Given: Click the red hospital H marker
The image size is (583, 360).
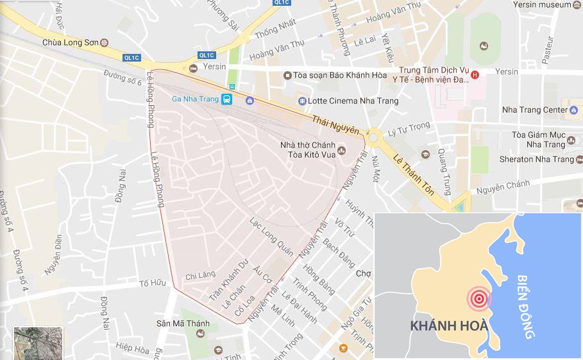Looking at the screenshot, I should coord(475,75).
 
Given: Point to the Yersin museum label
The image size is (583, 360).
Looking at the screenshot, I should coord(541,4).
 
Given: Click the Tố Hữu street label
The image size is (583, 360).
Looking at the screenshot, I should coord(153,283).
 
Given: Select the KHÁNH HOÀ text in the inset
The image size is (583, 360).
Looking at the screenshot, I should coord(449,325).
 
